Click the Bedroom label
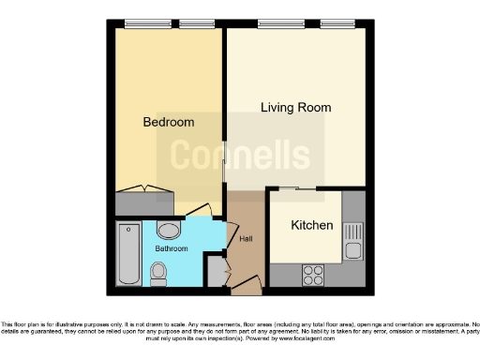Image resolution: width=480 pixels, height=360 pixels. [x=169, y=122]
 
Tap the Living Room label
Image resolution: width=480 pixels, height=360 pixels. [x=295, y=108]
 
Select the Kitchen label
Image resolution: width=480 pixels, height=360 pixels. [x=311, y=226]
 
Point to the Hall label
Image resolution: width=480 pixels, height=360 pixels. [x=246, y=239]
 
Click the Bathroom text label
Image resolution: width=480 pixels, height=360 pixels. [x=172, y=248]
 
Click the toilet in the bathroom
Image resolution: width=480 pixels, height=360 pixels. [x=158, y=273]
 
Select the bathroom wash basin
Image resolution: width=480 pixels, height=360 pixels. [x=169, y=231]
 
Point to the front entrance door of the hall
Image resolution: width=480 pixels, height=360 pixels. [x=247, y=283]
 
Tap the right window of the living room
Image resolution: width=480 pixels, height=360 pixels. [x=336, y=23]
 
